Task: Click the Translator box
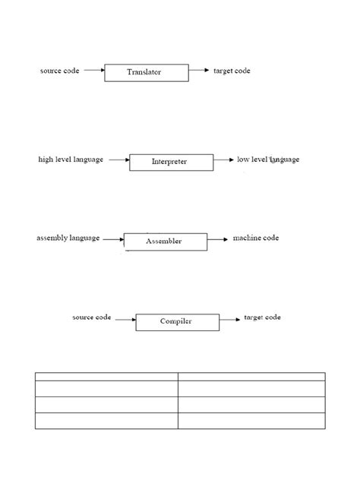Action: click(x=144, y=72)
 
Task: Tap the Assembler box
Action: click(x=165, y=242)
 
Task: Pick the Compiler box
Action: click(x=177, y=321)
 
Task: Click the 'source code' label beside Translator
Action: click(x=59, y=71)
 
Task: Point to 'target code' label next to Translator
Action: click(x=232, y=71)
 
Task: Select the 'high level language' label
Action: click(x=71, y=160)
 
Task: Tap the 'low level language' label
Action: click(x=268, y=159)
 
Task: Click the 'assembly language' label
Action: click(x=68, y=238)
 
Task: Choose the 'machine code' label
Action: click(x=255, y=238)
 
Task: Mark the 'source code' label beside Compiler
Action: click(x=92, y=317)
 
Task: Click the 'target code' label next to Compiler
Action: click(x=262, y=317)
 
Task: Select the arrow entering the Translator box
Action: click(x=93, y=71)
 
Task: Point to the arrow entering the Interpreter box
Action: click(x=118, y=160)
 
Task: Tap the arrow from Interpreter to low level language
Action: click(x=223, y=160)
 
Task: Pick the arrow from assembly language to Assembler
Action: click(x=112, y=240)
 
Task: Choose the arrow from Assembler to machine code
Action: click(x=217, y=239)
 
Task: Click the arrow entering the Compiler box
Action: click(x=125, y=320)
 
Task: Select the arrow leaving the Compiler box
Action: click(x=229, y=319)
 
